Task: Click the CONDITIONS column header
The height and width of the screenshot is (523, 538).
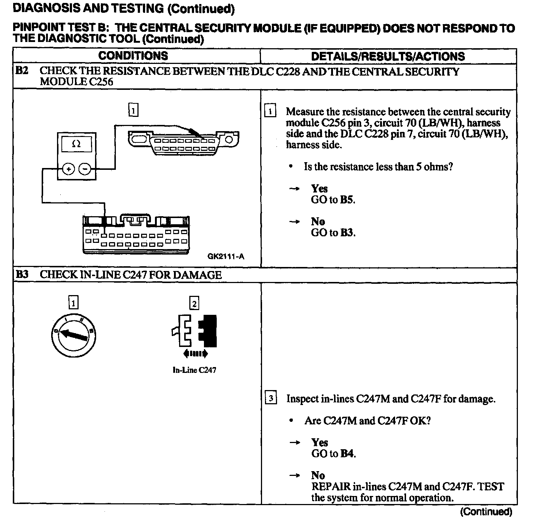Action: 133,56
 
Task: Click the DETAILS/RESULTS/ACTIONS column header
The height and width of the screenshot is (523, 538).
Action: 388,56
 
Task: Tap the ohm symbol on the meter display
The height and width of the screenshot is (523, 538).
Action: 76,144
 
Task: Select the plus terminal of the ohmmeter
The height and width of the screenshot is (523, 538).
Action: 68,169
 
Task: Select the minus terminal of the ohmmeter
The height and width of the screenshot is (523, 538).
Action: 85,169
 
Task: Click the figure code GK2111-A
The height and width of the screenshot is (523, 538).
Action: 226,256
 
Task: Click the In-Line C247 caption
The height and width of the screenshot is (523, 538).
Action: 194,370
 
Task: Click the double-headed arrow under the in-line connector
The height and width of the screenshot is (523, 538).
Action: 195,353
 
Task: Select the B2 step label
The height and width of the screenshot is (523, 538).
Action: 22,70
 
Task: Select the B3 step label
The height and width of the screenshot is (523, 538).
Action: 22,274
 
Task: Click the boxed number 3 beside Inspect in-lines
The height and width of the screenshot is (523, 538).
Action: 270,398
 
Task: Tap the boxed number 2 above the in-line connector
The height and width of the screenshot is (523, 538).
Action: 194,303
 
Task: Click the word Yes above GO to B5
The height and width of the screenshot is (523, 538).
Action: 319,188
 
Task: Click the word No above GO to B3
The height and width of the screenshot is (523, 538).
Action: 318,221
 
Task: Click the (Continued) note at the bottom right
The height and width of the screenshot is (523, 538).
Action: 486,511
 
